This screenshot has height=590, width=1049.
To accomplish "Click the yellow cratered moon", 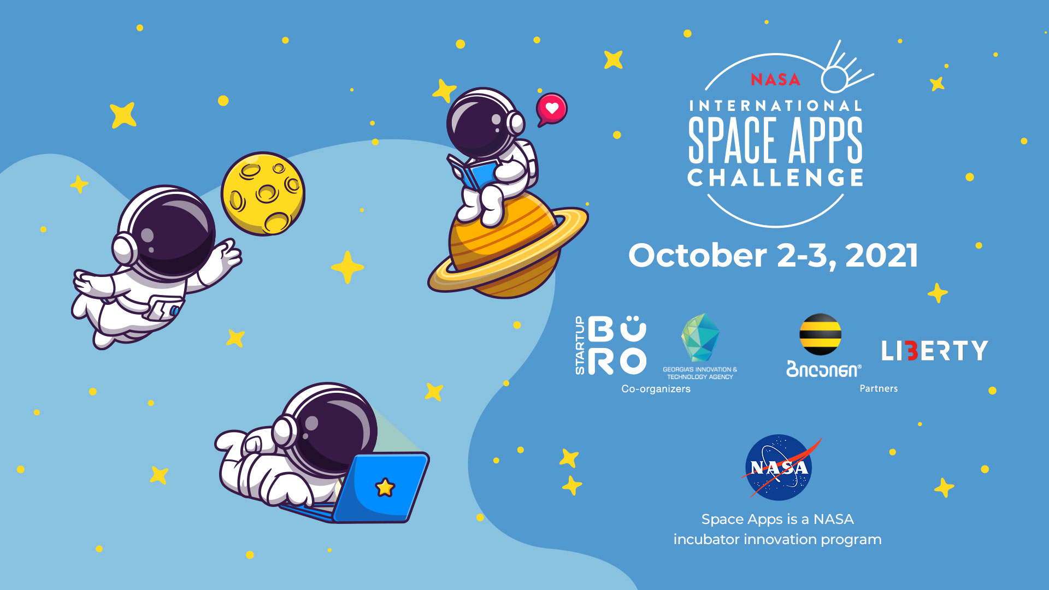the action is click(x=263, y=194).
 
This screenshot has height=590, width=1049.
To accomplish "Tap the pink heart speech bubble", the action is click(x=551, y=109).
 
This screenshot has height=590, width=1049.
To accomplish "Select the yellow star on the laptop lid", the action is click(x=385, y=487).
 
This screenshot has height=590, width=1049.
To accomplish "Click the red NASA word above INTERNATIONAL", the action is click(x=775, y=80).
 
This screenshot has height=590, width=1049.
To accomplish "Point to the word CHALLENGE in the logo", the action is click(x=775, y=178).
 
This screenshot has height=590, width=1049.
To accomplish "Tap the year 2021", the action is click(x=881, y=255).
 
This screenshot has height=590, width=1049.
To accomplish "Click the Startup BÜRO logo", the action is click(x=610, y=345).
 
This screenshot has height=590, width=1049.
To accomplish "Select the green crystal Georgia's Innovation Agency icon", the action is click(x=700, y=338).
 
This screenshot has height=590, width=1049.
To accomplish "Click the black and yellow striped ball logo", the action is click(x=820, y=334).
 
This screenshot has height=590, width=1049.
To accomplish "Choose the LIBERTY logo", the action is click(x=935, y=351).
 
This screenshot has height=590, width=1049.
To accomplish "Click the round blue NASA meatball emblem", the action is click(x=779, y=468).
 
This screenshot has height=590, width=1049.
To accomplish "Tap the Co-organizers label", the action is click(x=656, y=389).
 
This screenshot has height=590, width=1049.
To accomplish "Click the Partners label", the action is click(x=879, y=388).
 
